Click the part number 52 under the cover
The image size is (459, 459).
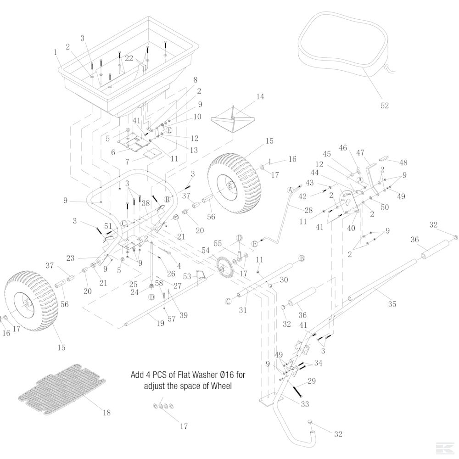(x=385, y=106)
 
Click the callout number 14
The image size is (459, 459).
(x=260, y=97)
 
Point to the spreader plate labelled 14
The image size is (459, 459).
(x=233, y=120)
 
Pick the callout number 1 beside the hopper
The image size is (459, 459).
(x=56, y=52)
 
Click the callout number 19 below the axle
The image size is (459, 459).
(x=160, y=323)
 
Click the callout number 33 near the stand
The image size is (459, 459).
(x=305, y=404)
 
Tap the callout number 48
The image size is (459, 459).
(x=403, y=162)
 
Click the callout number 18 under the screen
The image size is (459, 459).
(x=106, y=413)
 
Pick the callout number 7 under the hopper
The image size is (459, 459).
(x=128, y=162)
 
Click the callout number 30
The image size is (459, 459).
(x=284, y=280)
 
